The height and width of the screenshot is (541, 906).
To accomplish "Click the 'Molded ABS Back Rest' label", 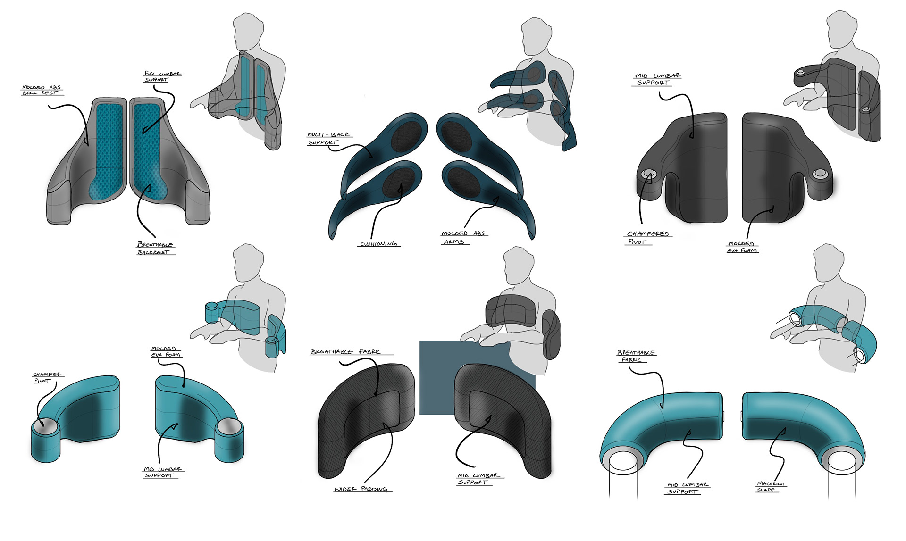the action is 42,90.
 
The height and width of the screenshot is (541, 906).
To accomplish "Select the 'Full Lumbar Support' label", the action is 162,77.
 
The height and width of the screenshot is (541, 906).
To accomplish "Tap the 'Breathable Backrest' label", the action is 155,248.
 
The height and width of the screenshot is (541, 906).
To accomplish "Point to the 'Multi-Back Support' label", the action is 329,139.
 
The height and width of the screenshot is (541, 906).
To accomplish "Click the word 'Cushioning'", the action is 378,244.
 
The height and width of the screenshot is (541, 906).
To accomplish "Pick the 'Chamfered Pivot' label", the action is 647,238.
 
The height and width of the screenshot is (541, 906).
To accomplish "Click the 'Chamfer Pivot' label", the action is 47,377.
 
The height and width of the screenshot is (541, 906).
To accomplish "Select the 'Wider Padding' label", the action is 361,489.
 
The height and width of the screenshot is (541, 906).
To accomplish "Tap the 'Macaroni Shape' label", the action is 771,487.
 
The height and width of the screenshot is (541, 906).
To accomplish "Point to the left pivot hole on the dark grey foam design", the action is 648,175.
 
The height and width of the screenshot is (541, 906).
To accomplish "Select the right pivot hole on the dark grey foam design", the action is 820,174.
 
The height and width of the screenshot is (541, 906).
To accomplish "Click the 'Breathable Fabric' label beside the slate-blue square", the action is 346,351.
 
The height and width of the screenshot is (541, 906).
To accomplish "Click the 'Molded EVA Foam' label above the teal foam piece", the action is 165,352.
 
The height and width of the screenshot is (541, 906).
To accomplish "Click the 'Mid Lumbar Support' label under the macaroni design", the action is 687,488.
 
